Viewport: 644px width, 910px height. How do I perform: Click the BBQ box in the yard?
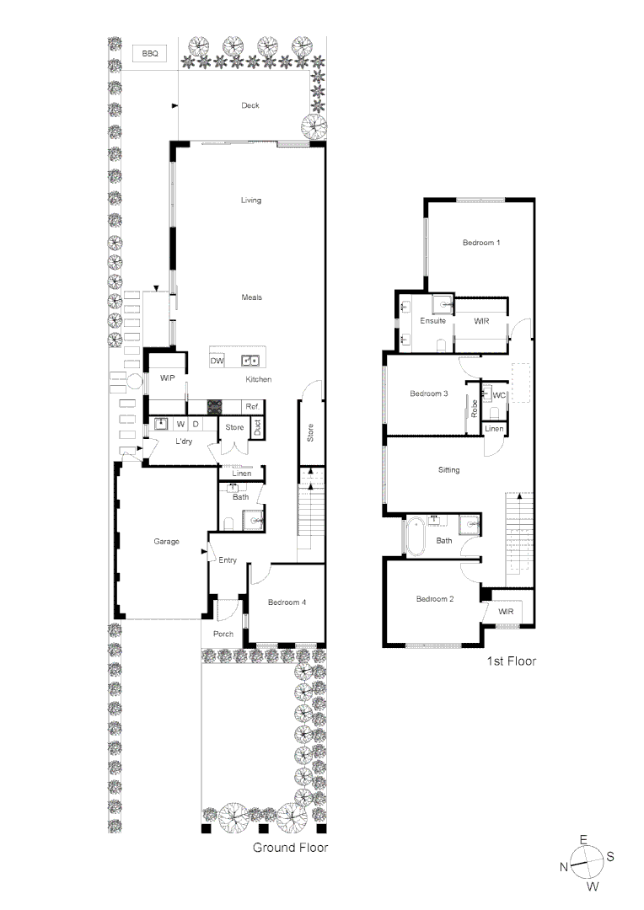pyautogui.click(x=149, y=53)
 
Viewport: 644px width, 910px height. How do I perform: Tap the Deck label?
pyautogui.click(x=250, y=105)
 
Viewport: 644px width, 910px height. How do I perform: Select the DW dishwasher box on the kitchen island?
pyautogui.click(x=217, y=361)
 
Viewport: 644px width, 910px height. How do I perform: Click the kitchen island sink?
pyautogui.click(x=250, y=361)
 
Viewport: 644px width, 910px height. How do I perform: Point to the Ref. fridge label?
pyautogui.click(x=251, y=406)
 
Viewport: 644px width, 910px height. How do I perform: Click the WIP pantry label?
pyautogui.click(x=167, y=378)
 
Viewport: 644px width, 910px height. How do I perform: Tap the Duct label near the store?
pyautogui.click(x=257, y=428)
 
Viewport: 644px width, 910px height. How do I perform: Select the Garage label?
pyautogui.click(x=166, y=541)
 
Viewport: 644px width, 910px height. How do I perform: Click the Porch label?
pyautogui.click(x=223, y=634)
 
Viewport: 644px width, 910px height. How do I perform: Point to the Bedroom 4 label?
pyautogui.click(x=287, y=602)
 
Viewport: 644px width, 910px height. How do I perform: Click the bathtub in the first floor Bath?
pyautogui.click(x=416, y=537)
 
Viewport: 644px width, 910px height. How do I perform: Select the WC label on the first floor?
pyautogui.click(x=499, y=395)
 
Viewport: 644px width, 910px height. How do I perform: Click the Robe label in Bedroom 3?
pyautogui.click(x=475, y=409)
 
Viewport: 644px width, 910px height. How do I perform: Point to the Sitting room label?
pyautogui.click(x=448, y=469)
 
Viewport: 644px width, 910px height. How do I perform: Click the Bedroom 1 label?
pyautogui.click(x=481, y=243)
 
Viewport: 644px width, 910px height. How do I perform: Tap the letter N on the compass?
pyautogui.click(x=563, y=867)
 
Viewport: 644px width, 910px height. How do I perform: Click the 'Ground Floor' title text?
pyautogui.click(x=290, y=847)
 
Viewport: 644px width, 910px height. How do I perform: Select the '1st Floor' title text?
pyautogui.click(x=511, y=661)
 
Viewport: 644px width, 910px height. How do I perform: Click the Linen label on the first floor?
pyautogui.click(x=495, y=429)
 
